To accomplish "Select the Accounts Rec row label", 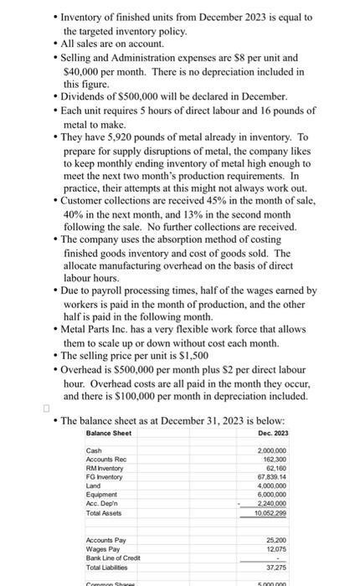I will point(106,460).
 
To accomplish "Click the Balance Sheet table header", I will point(109,432).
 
